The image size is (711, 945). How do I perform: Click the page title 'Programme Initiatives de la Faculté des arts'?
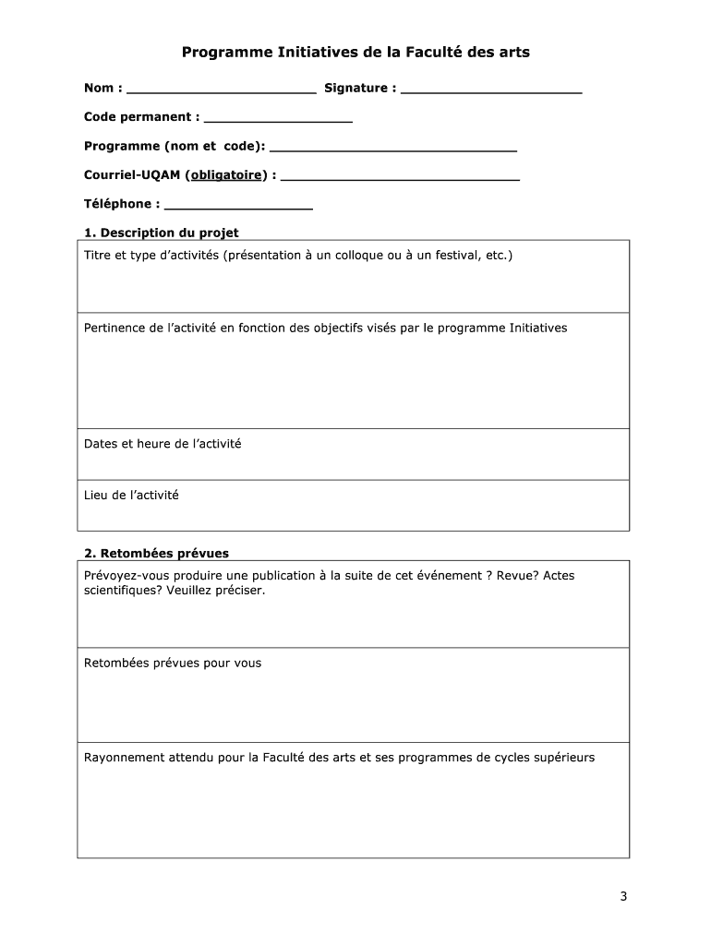click(355, 53)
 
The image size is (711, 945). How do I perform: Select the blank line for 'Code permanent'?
click(278, 120)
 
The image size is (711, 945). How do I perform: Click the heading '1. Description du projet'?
click(162, 233)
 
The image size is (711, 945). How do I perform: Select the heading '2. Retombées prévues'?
click(156, 554)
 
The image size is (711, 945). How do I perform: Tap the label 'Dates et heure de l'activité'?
click(163, 444)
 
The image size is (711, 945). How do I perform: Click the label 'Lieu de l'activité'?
click(131, 496)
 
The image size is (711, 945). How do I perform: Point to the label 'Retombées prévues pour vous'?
click(173, 663)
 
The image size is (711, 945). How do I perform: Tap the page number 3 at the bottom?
click(623, 896)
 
